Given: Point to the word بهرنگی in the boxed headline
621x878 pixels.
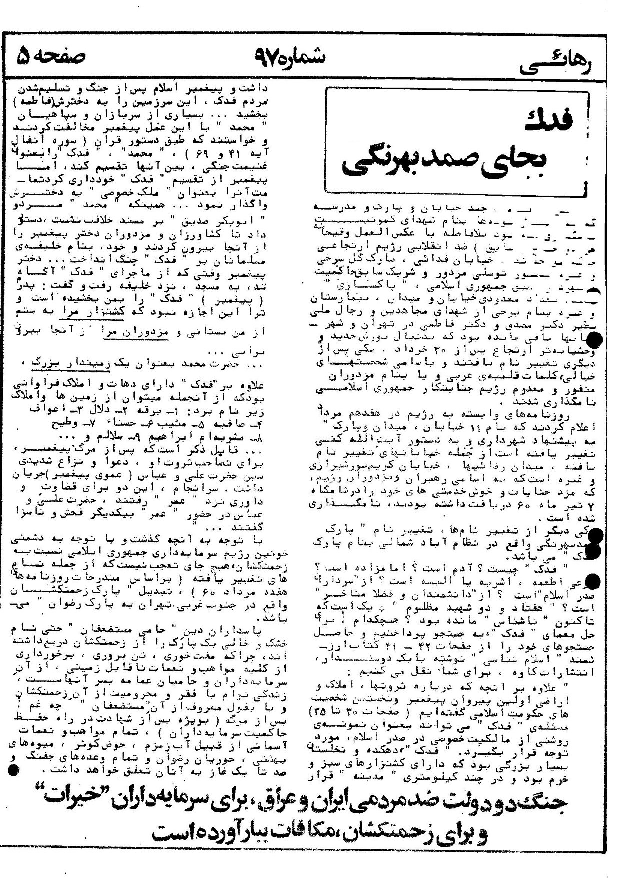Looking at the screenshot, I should [380, 163].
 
